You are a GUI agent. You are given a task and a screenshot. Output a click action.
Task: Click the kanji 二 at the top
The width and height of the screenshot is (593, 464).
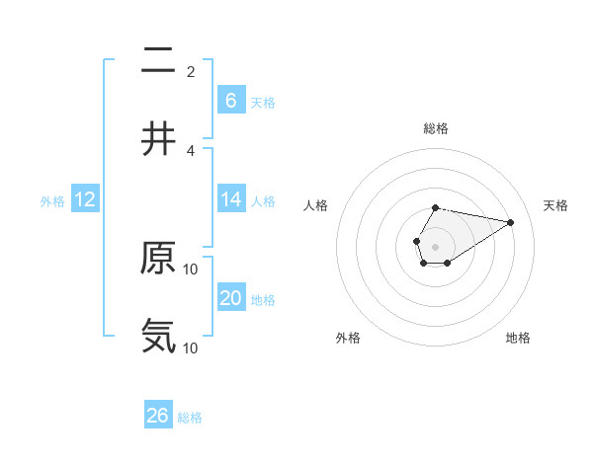tap(158, 60)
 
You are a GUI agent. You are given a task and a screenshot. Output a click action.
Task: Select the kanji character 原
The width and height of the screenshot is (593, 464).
tap(158, 259)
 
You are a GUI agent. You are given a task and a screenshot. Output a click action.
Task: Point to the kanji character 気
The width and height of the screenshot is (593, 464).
tap(158, 337)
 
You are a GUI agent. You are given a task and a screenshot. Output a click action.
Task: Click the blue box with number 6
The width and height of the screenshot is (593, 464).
tap(230, 100)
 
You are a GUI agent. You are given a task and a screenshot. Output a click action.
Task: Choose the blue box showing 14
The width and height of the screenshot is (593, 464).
tap(230, 199)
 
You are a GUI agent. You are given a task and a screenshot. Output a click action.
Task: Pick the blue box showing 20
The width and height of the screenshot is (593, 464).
tap(230, 298)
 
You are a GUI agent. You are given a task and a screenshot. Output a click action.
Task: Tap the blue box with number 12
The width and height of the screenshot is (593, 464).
tap(85, 199)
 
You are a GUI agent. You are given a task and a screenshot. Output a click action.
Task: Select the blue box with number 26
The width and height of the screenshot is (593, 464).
tap(158, 416)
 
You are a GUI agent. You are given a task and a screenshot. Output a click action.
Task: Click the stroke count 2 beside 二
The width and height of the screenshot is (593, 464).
tap(191, 71)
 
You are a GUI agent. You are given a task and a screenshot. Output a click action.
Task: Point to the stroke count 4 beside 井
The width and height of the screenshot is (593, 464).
tap(191, 150)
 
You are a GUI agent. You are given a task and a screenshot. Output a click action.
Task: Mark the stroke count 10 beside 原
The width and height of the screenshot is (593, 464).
tap(191, 269)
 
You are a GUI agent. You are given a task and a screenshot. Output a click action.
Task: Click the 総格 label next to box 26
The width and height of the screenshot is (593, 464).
tap(190, 418)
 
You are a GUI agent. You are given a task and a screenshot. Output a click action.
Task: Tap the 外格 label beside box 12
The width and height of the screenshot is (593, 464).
tap(52, 200)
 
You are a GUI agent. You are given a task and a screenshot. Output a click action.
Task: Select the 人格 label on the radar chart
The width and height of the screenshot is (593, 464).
tap(316, 205)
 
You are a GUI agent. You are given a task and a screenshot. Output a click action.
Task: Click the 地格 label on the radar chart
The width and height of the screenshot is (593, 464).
tap(518, 338)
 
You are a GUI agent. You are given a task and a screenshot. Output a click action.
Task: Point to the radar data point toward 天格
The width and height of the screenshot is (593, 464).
tap(510, 222)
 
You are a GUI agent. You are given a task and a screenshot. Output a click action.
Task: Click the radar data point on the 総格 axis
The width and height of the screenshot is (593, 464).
tap(435, 208)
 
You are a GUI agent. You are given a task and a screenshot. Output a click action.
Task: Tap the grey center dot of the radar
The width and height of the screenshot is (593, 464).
tap(435, 245)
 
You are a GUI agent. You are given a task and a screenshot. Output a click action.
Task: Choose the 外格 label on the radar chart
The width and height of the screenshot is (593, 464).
tap(348, 338)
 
